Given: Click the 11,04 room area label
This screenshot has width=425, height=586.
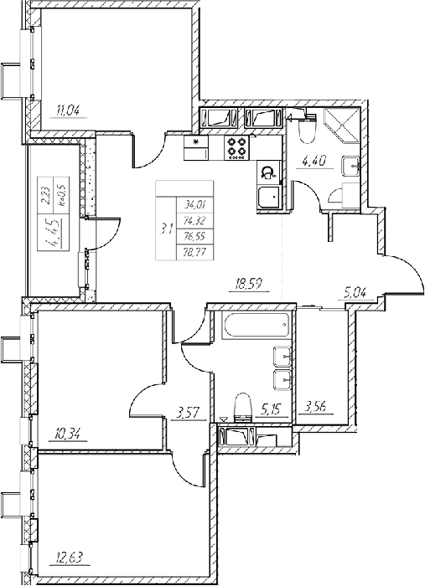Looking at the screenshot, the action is coord(69,111).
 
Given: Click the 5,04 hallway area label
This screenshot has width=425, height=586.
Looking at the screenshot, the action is coord(353,291).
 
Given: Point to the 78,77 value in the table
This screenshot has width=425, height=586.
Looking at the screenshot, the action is coord(193,252).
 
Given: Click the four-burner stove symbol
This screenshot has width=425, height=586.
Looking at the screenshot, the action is coord(236,147).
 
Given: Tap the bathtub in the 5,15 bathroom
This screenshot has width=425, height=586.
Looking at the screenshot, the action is coord(256,325).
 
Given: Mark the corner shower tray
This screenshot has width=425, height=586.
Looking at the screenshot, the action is coord(341,126).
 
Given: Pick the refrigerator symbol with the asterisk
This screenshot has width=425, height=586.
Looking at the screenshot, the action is coord(195,148).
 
